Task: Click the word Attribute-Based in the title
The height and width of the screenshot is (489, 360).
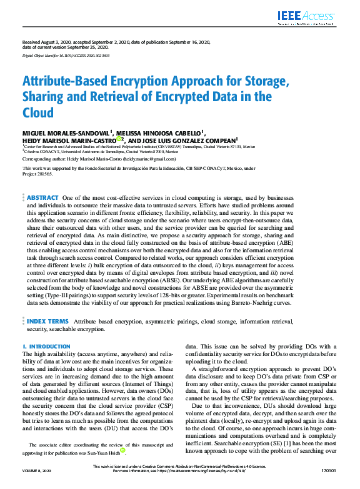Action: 68,82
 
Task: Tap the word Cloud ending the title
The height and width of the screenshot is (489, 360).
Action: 39,113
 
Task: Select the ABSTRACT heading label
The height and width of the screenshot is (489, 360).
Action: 42,197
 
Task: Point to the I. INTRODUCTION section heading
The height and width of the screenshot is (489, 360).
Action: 46,346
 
